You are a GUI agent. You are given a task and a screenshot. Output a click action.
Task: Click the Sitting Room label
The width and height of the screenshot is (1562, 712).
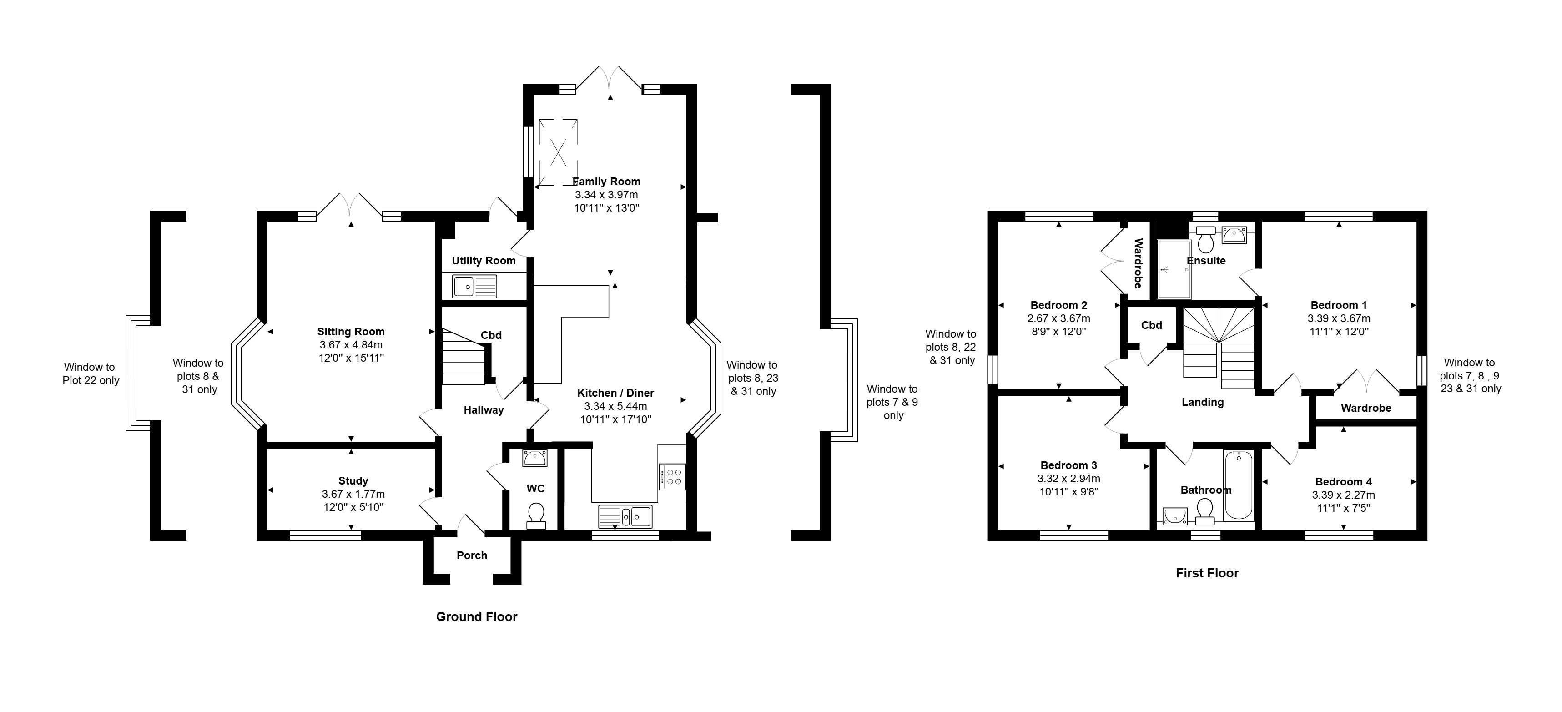(351, 332)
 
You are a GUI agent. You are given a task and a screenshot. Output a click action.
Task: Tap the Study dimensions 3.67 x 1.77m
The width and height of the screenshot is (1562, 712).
(353, 494)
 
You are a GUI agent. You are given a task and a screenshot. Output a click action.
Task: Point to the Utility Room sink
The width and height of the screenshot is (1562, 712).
(474, 286)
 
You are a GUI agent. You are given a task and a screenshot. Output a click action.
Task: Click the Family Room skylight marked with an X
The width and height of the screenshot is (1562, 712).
(558, 151)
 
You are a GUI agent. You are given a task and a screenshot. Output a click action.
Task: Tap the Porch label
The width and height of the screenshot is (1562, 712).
(472, 555)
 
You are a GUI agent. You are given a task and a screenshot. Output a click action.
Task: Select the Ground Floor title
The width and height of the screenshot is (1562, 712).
(477, 617)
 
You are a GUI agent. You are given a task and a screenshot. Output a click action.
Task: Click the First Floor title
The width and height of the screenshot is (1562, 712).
(1207, 573)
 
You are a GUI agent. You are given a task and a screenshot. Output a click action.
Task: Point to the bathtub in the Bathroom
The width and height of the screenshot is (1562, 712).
(1239, 485)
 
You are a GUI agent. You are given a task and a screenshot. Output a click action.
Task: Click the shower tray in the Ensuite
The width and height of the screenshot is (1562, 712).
(1174, 269)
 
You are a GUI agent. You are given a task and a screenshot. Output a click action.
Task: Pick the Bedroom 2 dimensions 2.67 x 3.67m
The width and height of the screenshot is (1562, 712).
(1059, 318)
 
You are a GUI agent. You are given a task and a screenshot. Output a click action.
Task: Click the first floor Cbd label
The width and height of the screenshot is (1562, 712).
(1152, 325)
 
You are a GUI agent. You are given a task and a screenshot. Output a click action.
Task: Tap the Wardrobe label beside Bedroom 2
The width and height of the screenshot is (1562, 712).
(1138, 263)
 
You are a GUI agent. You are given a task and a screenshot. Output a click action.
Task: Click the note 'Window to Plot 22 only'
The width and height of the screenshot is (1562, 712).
(91, 374)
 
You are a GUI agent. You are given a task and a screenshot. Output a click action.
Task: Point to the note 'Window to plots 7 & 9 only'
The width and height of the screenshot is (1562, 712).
(892, 402)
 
